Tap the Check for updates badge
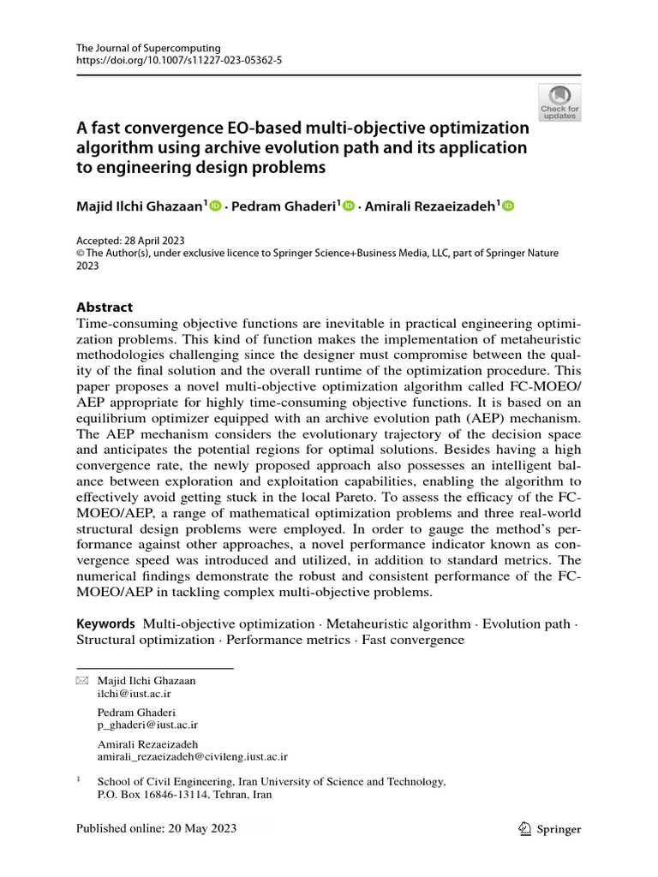pos(559,102)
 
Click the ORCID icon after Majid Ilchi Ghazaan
pos(215,205)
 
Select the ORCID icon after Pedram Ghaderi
pos(348,205)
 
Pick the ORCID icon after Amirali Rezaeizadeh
pos(508,205)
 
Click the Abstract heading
pos(105,307)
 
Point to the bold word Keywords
pos(105,623)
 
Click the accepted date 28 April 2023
pos(157,241)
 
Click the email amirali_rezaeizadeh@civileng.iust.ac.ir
pos(193,756)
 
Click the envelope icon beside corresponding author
pos(82,681)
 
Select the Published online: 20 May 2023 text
pos(156,828)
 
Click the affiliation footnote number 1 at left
pos(79,780)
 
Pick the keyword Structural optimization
pos(146,640)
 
